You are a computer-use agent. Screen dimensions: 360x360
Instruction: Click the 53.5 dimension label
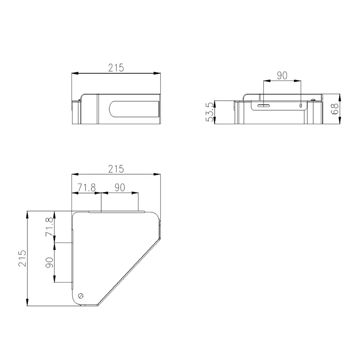click(x=210, y=112)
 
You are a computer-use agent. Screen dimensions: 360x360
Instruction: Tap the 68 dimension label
click(x=335, y=108)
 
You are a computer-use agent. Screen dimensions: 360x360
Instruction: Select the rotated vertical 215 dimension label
click(x=22, y=258)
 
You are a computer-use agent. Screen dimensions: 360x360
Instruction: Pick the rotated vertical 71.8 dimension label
click(x=49, y=227)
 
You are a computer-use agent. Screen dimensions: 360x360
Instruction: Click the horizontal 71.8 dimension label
click(x=86, y=188)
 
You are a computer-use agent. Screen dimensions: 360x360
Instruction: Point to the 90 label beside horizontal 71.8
click(x=120, y=188)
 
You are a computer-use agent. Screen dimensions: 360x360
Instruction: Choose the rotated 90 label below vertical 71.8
click(x=49, y=262)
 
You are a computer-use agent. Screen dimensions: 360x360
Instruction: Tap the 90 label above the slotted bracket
click(x=282, y=76)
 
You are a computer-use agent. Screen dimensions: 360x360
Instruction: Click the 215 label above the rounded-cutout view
click(x=116, y=68)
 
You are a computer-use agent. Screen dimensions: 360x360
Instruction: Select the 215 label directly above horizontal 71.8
click(x=116, y=169)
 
